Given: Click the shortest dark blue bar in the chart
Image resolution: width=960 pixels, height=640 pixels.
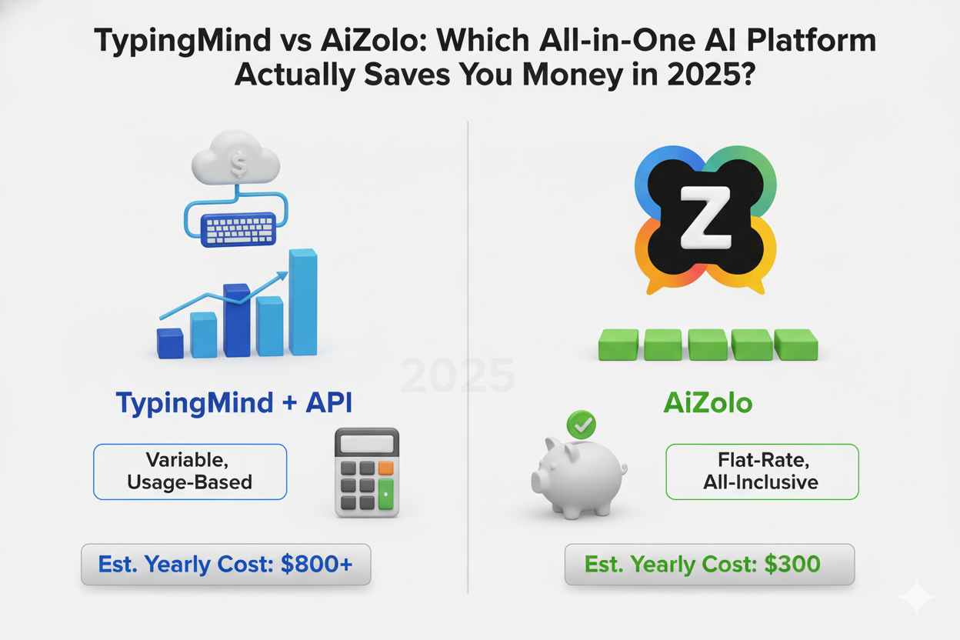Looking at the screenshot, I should (x=170, y=343).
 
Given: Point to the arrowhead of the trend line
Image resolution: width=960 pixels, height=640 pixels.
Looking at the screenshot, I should (x=283, y=275).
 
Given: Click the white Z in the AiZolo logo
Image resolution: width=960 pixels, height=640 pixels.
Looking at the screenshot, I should (x=705, y=218).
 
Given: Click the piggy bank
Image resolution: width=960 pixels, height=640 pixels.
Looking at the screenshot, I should (x=577, y=475).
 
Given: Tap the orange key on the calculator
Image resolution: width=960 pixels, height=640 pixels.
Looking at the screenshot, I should (x=385, y=467).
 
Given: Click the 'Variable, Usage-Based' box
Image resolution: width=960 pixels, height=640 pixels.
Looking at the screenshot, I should (x=190, y=472).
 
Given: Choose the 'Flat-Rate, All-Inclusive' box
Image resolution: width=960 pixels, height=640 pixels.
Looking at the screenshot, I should (x=761, y=472).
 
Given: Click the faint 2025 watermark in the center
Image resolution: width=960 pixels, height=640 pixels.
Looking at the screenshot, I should (x=458, y=376).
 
